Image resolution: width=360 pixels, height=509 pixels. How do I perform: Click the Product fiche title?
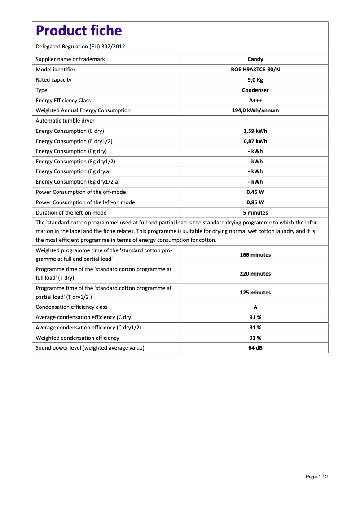click(x=79, y=31)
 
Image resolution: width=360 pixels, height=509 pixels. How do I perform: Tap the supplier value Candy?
click(x=255, y=59)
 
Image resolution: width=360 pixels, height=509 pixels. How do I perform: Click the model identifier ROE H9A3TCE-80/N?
click(x=255, y=70)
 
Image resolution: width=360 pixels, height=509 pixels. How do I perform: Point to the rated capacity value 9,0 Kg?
click(x=255, y=80)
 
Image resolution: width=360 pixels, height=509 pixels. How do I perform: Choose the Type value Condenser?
click(x=255, y=90)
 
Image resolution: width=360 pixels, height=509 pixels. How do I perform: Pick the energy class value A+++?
click(x=255, y=101)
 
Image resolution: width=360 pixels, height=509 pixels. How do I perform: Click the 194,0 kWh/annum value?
click(x=255, y=110)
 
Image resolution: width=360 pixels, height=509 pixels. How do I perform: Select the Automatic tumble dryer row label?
click(x=65, y=121)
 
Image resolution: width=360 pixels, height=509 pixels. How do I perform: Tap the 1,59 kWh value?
click(x=255, y=131)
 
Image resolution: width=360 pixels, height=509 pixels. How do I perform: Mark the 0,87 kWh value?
click(x=255, y=141)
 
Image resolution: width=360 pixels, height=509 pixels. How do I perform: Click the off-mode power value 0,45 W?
click(x=255, y=192)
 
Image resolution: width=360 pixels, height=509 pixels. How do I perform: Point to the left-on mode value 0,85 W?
click(x=255, y=202)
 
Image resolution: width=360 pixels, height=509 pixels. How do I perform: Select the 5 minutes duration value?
click(x=255, y=213)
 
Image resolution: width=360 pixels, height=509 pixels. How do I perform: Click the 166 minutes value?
click(x=255, y=255)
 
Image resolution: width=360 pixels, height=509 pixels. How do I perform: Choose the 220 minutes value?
click(x=255, y=274)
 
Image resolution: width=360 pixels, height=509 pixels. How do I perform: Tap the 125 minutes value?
click(x=255, y=293)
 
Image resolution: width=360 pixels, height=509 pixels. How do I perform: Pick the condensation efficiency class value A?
click(x=255, y=307)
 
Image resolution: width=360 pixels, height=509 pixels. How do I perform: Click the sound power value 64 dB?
click(x=255, y=348)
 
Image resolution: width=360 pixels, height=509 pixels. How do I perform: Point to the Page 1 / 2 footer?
click(x=316, y=477)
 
